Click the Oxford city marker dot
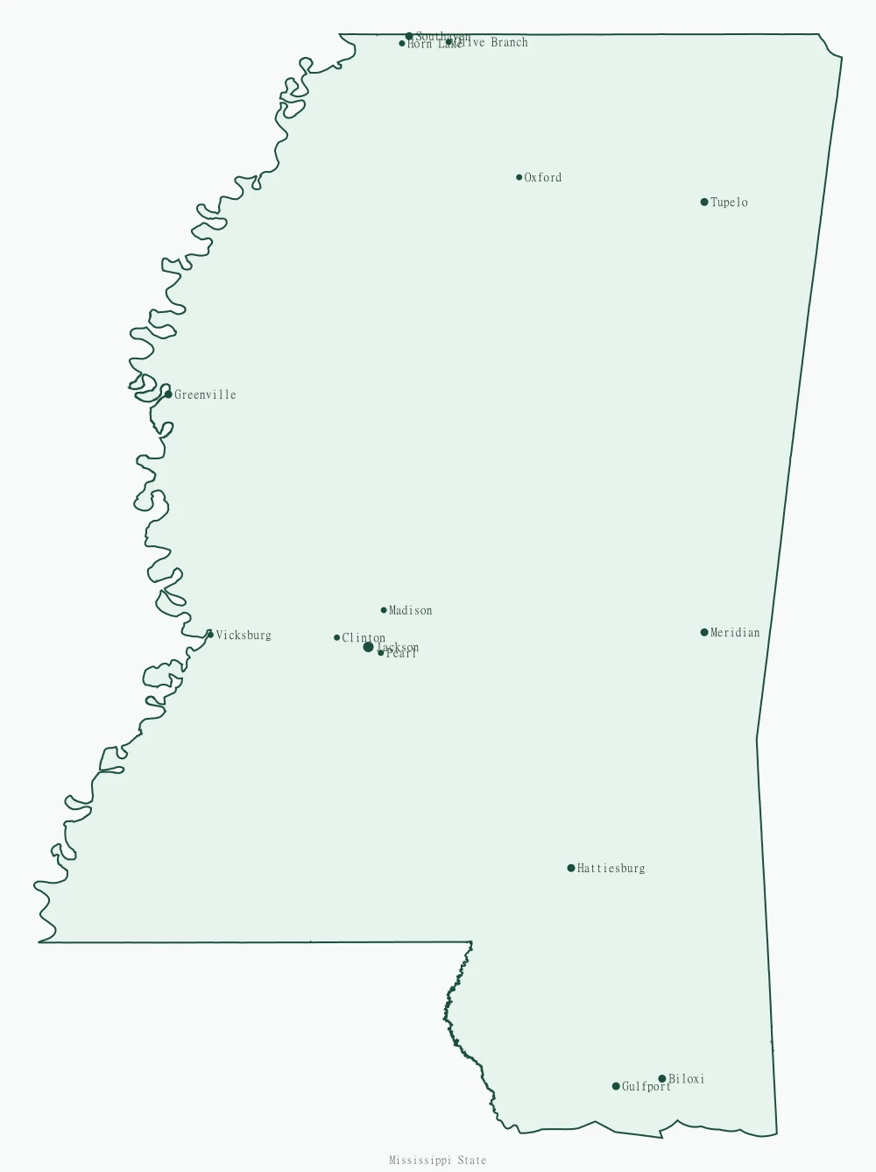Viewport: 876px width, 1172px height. tap(519, 177)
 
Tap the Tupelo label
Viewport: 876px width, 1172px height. tap(729, 202)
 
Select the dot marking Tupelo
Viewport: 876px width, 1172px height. tap(704, 202)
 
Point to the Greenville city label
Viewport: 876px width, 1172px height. tap(205, 394)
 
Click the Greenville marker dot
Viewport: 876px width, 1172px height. tap(168, 394)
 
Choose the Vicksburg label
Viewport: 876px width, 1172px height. tap(244, 636)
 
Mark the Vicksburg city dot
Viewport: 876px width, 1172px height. tap(210, 635)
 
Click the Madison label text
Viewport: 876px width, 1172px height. tap(411, 610)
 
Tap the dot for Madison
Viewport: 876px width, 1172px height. tap(384, 610)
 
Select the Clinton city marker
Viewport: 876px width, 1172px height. tap(336, 637)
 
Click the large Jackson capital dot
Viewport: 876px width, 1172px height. tap(368, 647)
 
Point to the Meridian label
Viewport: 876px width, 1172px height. tap(735, 632)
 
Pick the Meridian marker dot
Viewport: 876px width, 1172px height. tap(704, 632)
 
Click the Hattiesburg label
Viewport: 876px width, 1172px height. tap(611, 869)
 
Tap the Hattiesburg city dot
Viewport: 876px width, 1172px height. tap(571, 868)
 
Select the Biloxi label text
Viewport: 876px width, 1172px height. tap(687, 1079)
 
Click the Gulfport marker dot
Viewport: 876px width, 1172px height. tap(616, 1086)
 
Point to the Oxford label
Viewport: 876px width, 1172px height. tap(543, 177)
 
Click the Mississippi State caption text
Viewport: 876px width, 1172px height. tap(437, 1161)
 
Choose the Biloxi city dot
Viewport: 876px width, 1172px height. tap(662, 1079)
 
